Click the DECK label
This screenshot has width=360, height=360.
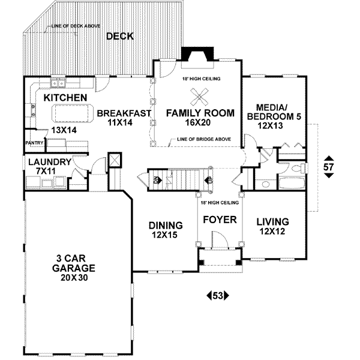pos(119,37)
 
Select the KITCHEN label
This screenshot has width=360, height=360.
pos(66,98)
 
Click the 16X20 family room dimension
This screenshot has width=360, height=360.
pos(198,122)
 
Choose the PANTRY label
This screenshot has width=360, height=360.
pos(32,143)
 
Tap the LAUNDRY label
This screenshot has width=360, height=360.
pos(49,162)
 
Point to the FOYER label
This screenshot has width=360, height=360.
pos(220,220)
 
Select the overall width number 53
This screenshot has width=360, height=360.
pos(218,295)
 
